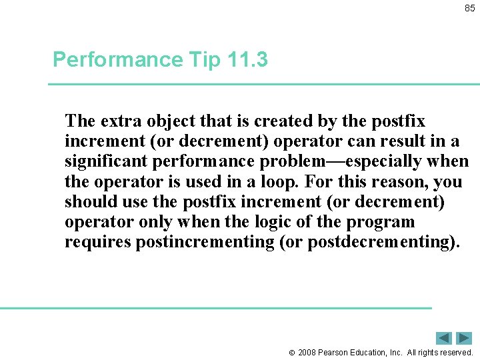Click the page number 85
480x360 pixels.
470,9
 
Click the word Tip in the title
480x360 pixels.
204,60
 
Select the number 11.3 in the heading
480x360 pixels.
247,60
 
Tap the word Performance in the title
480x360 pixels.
117,60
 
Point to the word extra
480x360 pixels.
121,121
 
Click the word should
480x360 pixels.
88,202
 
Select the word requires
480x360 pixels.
97,242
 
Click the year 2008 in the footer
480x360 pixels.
307,352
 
